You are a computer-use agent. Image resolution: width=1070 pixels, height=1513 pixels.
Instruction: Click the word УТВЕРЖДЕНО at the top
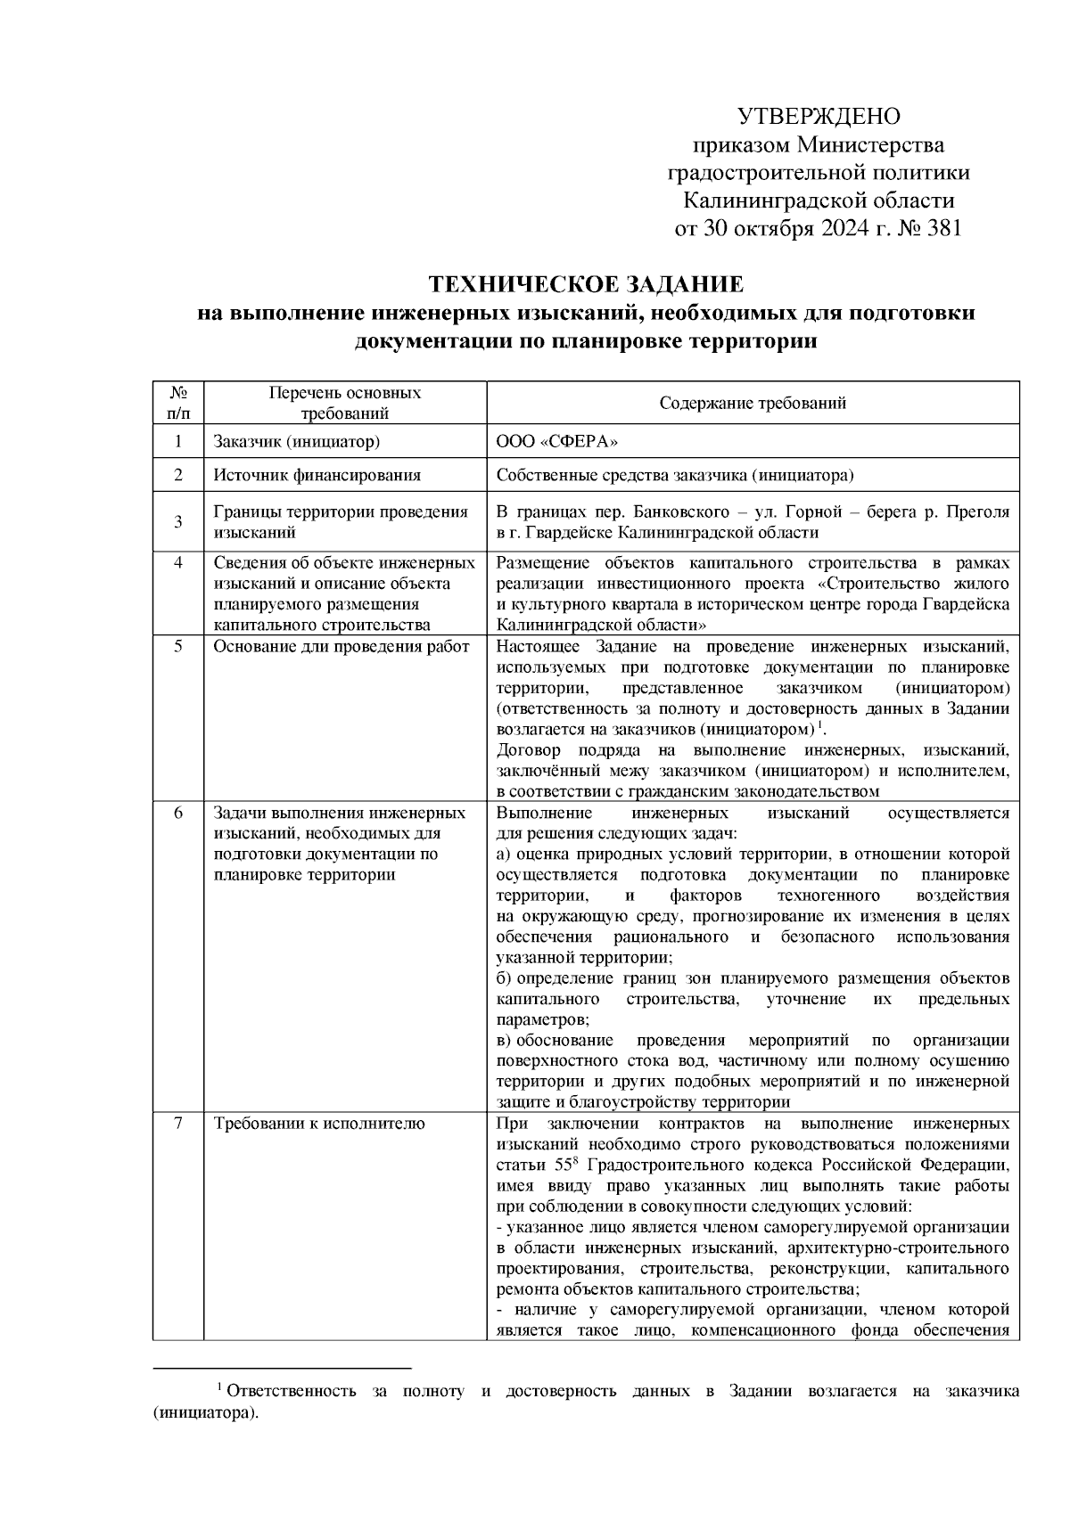tap(819, 117)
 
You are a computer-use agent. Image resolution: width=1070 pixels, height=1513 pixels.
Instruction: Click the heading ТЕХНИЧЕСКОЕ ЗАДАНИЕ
tap(586, 285)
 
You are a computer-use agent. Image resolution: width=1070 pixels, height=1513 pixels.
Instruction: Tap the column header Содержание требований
tap(753, 403)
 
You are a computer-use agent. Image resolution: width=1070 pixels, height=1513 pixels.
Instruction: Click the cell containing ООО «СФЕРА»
tap(556, 442)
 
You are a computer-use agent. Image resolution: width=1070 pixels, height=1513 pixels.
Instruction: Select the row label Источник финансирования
tap(317, 476)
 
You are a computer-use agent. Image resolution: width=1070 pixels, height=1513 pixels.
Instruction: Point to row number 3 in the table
tap(177, 522)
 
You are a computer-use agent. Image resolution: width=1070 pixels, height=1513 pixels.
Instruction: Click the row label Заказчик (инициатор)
tap(296, 442)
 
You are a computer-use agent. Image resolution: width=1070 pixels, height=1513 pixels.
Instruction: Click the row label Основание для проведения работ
tap(341, 647)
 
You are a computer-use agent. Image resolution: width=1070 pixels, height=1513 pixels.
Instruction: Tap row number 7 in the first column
tap(177, 1124)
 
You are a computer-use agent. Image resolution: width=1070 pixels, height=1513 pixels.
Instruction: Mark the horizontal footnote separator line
tap(282, 1367)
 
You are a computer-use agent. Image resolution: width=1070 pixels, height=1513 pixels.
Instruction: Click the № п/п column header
tap(177, 403)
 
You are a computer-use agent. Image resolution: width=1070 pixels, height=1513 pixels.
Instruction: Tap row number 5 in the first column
tap(177, 647)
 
